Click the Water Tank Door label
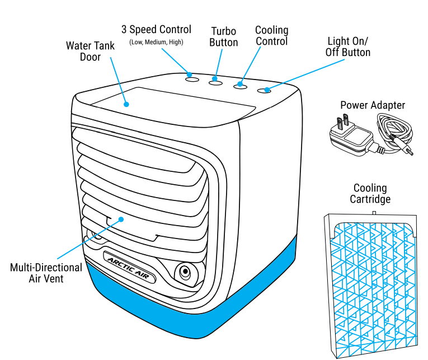pyautogui.click(x=90, y=51)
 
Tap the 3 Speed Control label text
pyautogui.click(x=156, y=30)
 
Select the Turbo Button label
pyautogui.click(x=223, y=37)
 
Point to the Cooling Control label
pyautogui.click(x=271, y=36)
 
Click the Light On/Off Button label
pyautogui.click(x=348, y=47)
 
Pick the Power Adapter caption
pyautogui.click(x=373, y=105)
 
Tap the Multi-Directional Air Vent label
pyautogui.click(x=46, y=273)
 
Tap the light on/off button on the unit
pyautogui.click(x=264, y=91)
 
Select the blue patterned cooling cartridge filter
pyautogui.click(x=372, y=283)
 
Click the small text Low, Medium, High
pyautogui.click(x=156, y=42)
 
